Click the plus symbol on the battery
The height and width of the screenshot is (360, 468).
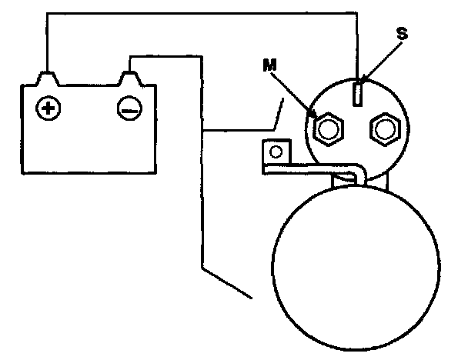[48, 108]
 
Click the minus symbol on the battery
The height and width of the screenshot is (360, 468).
[129, 108]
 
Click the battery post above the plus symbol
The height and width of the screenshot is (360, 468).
[47, 78]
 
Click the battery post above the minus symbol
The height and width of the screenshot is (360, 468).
[129, 78]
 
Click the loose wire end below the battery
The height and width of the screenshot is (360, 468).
[251, 295]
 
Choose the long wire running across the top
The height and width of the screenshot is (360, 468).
[200, 12]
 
